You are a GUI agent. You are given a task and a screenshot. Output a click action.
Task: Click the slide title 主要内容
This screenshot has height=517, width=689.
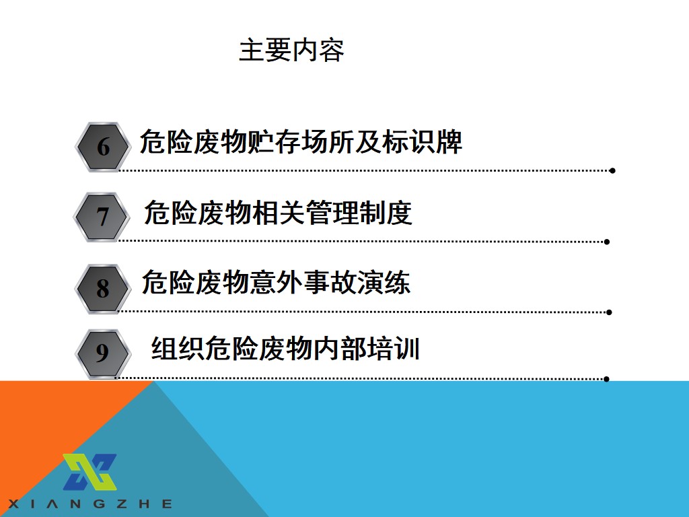[291, 50]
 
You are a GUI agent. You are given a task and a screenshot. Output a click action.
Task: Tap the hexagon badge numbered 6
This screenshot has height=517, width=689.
[103, 147]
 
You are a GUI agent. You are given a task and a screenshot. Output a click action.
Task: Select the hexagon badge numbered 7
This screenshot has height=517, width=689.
[102, 217]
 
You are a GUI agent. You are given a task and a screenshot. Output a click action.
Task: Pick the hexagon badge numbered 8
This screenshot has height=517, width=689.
[103, 289]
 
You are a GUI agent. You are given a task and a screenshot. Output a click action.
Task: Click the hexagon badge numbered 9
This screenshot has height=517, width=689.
[103, 353]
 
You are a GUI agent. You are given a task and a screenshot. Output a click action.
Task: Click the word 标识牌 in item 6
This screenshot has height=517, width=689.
[423, 142]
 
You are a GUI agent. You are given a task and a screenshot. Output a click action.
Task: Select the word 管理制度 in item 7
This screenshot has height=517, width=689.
[359, 213]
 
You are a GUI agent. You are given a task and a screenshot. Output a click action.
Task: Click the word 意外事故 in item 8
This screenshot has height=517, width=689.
[303, 282]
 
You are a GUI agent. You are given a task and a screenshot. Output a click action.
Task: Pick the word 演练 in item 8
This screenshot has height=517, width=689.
[384, 282]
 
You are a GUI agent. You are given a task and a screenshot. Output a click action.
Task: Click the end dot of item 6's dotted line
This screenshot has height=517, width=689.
[612, 170]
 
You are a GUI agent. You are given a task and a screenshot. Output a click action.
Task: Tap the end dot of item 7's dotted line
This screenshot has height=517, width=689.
[607, 242]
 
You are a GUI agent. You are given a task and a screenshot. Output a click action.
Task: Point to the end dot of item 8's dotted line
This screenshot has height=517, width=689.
[609, 312]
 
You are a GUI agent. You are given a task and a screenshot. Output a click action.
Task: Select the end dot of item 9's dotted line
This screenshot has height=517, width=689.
[606, 379]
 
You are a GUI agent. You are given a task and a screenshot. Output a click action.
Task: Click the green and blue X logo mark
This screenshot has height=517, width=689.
[90, 472]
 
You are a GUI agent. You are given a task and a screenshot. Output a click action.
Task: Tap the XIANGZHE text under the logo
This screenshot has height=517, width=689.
[90, 504]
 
